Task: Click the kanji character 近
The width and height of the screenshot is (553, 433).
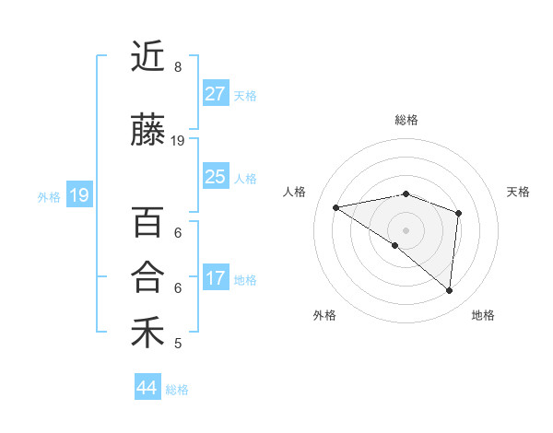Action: [x=147, y=57]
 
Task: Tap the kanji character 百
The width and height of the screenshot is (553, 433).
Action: [x=147, y=222]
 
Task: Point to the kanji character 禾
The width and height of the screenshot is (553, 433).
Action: [x=147, y=332]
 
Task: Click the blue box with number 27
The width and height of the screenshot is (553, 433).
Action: [x=216, y=94]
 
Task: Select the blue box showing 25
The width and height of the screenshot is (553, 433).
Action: [x=216, y=177]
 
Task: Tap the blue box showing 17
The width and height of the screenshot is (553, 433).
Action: [x=216, y=278]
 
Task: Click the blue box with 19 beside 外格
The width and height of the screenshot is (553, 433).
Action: [x=78, y=195]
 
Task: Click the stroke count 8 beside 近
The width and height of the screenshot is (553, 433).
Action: [x=178, y=67]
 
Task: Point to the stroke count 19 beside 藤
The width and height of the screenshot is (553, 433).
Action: [x=178, y=141]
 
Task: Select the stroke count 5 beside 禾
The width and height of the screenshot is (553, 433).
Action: [x=178, y=344]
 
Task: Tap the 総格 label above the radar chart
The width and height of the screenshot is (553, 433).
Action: [x=406, y=120]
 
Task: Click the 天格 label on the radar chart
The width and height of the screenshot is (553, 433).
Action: [x=519, y=192]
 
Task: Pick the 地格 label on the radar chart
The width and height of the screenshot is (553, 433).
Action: [x=483, y=315]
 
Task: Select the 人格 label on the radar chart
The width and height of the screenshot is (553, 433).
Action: [x=294, y=192]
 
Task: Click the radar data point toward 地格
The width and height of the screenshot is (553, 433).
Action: [x=449, y=291]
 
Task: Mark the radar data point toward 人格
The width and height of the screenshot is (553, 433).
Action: [x=336, y=207]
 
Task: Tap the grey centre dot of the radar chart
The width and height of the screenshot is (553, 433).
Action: [x=406, y=229]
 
